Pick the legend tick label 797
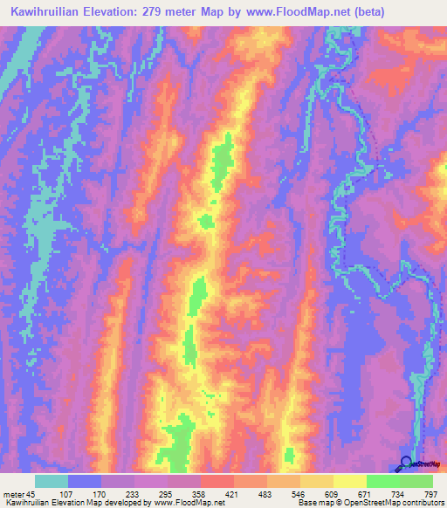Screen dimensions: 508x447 (429, 493)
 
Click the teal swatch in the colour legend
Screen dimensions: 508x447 (52, 481)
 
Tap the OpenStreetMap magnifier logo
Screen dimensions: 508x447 (407, 463)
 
